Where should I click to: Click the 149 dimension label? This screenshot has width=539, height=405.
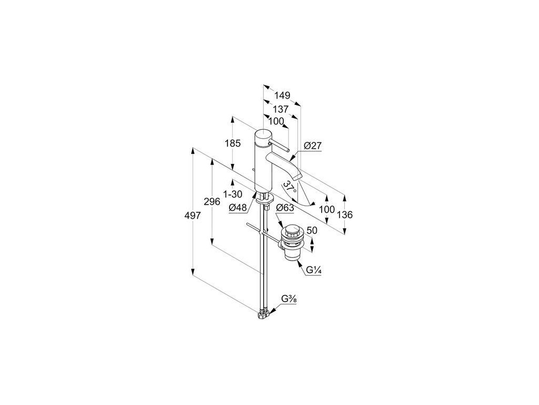pyautogui.click(x=283, y=96)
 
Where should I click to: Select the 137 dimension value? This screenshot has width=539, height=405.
pyautogui.click(x=281, y=109)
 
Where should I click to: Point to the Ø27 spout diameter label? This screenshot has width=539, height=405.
pyautogui.click(x=313, y=146)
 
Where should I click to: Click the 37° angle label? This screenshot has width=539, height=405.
pyautogui.click(x=289, y=188)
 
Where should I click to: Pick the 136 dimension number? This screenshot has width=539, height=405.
pyautogui.click(x=345, y=215)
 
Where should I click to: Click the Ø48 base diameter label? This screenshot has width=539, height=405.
pyautogui.click(x=238, y=208)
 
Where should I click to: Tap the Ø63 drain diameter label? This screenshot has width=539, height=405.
pyautogui.click(x=285, y=208)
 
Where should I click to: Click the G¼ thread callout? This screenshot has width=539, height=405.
pyautogui.click(x=314, y=270)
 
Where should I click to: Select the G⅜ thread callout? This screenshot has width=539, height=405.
pyautogui.click(x=288, y=299)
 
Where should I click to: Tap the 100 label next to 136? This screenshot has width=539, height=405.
pyautogui.click(x=327, y=209)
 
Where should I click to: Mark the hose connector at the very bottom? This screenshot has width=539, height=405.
pyautogui.click(x=263, y=315)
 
